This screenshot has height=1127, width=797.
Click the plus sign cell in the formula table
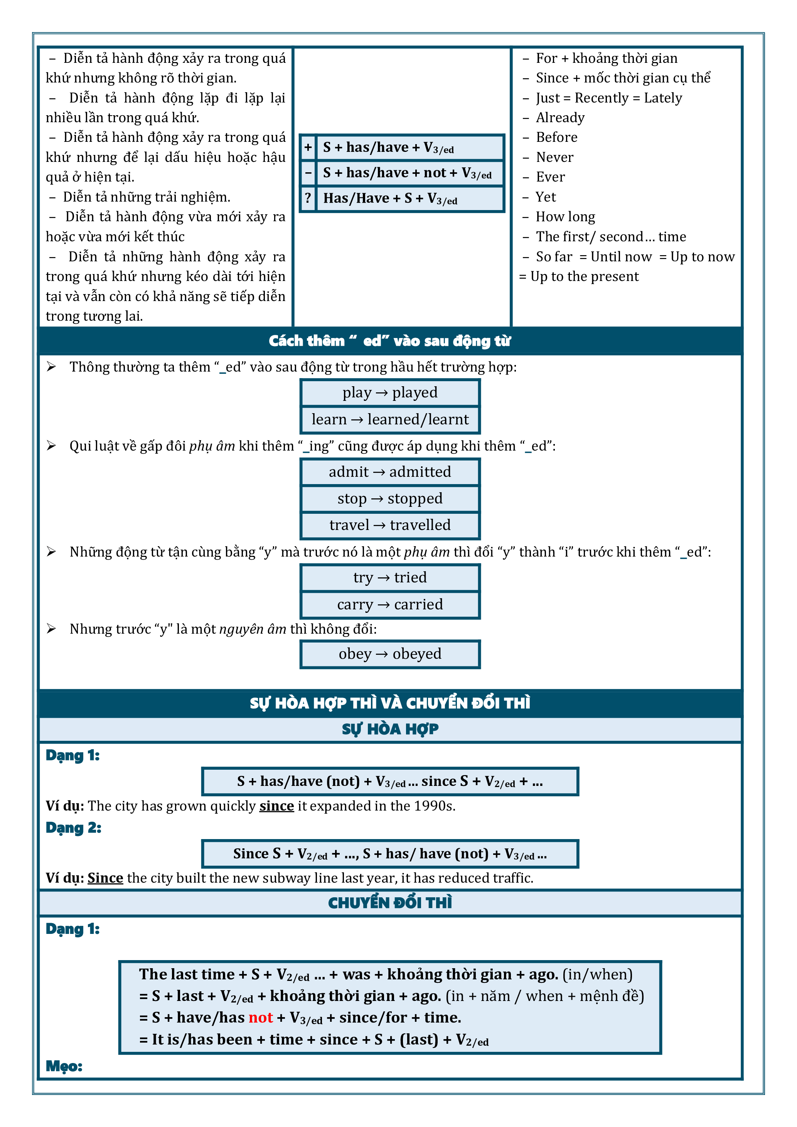308,147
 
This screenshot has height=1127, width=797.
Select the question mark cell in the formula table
308,198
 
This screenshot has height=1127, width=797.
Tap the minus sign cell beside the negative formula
308,173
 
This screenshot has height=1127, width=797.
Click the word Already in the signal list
560,118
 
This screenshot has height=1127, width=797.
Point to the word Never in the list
554,158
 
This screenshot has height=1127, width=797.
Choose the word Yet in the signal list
546,197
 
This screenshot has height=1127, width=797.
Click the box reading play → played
390,393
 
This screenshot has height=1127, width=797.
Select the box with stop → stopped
390,499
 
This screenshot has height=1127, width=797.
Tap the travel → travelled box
390,525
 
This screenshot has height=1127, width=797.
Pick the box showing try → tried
390,578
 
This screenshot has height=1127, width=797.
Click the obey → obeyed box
390,654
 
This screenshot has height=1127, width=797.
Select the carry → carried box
390,605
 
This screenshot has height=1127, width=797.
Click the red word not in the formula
260,1018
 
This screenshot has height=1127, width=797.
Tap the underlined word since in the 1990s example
276,806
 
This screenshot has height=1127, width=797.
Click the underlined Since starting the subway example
105,878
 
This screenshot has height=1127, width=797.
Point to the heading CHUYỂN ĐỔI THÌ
390,903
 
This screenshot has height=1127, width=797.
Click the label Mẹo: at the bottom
64,1066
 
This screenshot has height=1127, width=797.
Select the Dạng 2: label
73,828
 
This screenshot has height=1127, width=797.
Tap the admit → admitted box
390,472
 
